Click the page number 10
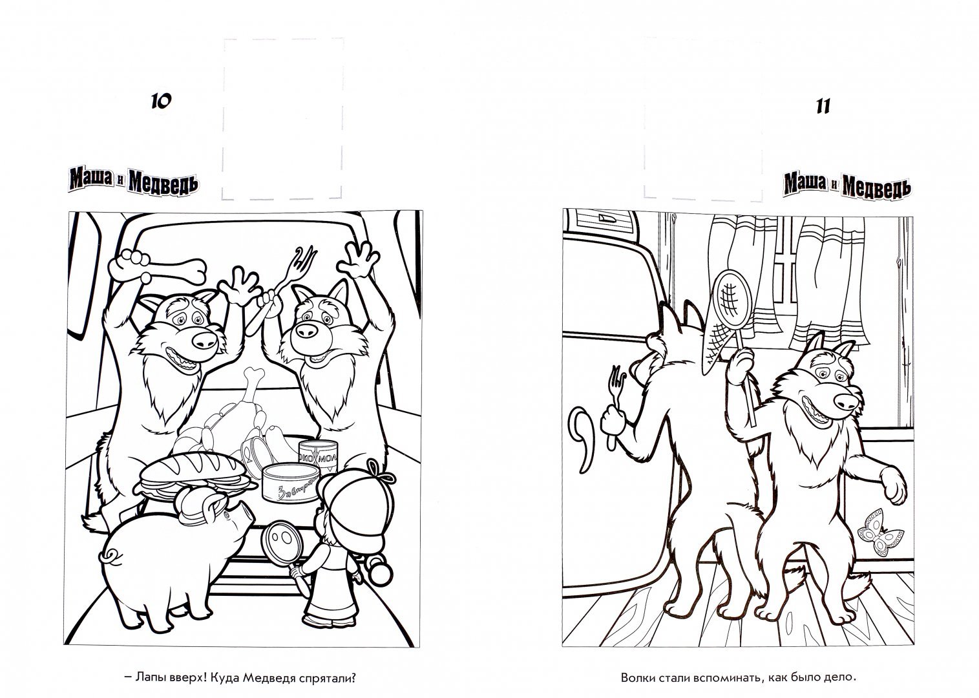tap(162, 101)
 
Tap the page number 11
tap(823, 107)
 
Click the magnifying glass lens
tap(279, 542)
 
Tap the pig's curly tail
tap(109, 557)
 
